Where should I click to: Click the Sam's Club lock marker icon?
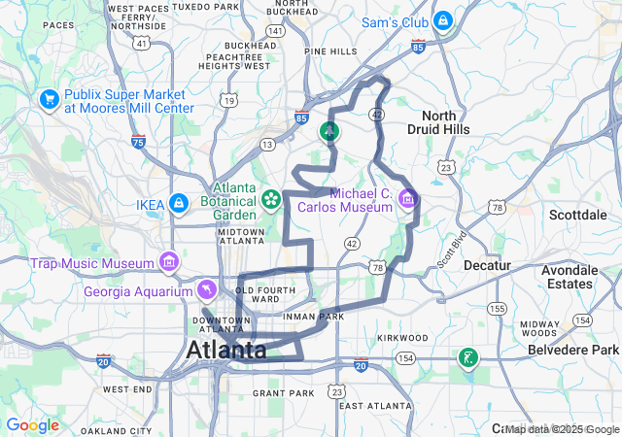[442, 20]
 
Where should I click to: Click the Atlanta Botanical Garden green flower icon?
[271, 201]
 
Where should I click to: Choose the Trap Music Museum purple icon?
[169, 262]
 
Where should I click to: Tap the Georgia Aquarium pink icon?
[207, 290]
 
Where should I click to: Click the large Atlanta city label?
[225, 350]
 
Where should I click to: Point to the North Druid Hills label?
[445, 121]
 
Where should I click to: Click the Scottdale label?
[579, 215]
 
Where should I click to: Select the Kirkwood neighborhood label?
[403, 337]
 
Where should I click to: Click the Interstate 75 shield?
[139, 142]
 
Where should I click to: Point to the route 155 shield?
[498, 308]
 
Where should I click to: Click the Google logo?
[32, 424]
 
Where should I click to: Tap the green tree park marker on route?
[329, 131]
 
